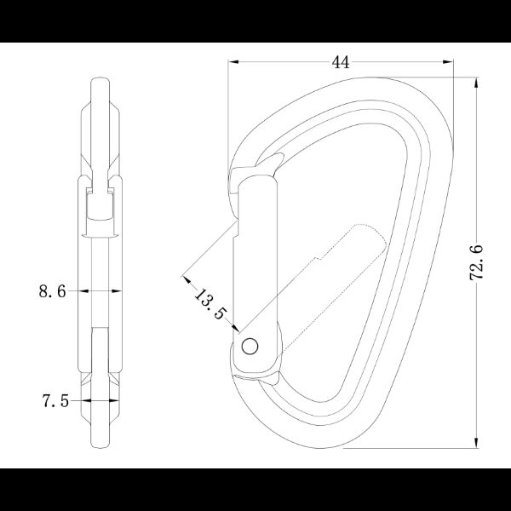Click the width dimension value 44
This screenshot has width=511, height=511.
coord(341,61)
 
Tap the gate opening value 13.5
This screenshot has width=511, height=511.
coord(210,304)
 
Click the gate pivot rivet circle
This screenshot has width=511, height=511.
coord(250,345)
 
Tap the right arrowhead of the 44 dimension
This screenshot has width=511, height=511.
coord(450,61)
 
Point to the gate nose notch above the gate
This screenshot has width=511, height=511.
coord(271,163)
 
